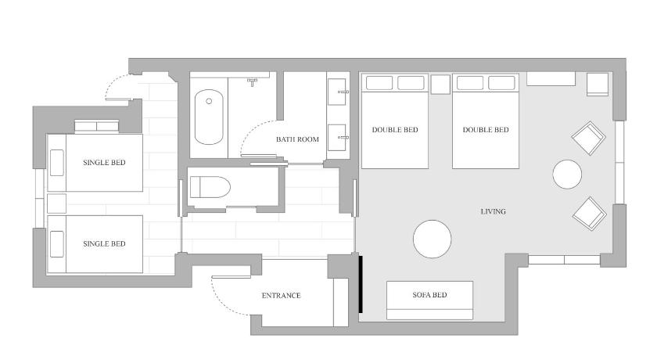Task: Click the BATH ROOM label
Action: coord(297,139)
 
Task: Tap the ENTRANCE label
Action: coord(281,296)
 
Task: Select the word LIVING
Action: coord(494,211)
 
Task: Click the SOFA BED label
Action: coord(429,295)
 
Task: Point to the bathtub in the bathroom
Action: coord(209,117)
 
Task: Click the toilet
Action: coord(210,187)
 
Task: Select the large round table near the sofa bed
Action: coord(432,239)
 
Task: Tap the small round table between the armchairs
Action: coord(567,175)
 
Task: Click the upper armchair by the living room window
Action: coord(588,138)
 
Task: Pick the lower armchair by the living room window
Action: coord(589,214)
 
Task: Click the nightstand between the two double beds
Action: coord(440,84)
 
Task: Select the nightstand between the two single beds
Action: coord(56,203)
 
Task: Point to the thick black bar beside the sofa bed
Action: coord(361,284)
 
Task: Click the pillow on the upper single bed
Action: coord(57,163)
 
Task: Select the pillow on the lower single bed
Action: coord(57,244)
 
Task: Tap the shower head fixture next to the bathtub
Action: coord(252,81)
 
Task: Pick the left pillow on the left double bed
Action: coord(379,83)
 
